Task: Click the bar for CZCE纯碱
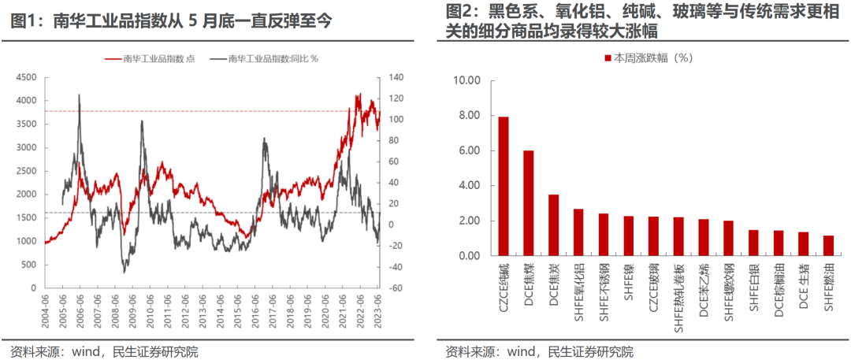pos(504,186)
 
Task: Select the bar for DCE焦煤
pos(529,203)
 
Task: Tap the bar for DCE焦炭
pos(554,225)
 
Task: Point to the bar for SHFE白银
pos(753,243)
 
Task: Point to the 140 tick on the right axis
pos(394,77)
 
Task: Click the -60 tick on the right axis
pos(394,288)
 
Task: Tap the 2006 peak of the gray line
pos(80,95)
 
